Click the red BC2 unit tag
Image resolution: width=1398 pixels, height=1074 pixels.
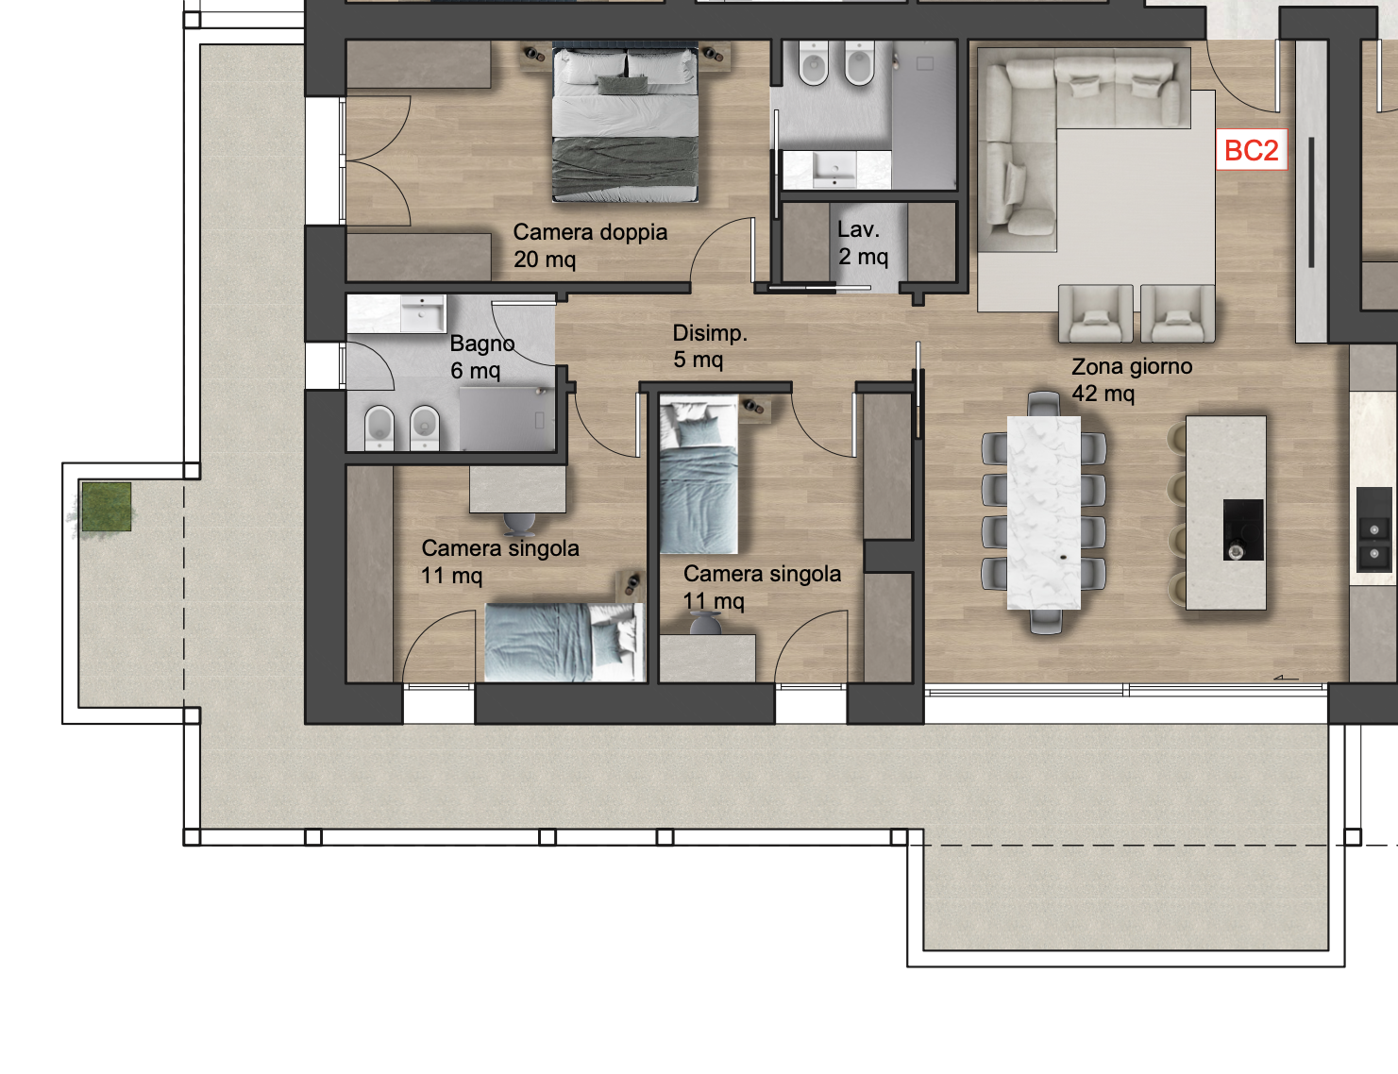click(1252, 150)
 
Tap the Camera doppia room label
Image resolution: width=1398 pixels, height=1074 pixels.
click(590, 245)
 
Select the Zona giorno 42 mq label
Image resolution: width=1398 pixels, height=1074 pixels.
click(1132, 379)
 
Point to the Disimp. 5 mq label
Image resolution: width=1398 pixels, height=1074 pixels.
click(710, 346)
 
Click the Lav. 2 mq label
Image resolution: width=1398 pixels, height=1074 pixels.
click(862, 243)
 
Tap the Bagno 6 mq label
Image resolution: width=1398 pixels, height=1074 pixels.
click(481, 357)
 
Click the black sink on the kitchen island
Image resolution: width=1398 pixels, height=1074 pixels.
click(1243, 530)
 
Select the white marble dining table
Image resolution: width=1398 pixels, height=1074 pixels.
click(1043, 512)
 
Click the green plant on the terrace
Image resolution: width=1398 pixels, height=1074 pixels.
click(105, 507)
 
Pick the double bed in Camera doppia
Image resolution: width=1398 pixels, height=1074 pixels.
click(625, 122)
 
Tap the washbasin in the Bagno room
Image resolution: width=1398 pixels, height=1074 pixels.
click(423, 314)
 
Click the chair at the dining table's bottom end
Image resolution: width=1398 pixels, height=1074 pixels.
click(1046, 621)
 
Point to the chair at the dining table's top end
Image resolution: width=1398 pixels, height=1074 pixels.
click(1043, 404)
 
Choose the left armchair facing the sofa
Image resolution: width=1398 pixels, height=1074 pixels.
click(1096, 314)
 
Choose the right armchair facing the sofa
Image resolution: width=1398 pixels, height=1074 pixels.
click(1178, 314)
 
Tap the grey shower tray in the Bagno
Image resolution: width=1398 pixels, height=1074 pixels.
click(507, 419)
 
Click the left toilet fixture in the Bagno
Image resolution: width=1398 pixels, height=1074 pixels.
click(379, 427)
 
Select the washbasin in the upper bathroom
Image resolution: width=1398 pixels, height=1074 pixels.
click(834, 170)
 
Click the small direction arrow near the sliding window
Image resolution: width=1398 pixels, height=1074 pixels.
click(1286, 678)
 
